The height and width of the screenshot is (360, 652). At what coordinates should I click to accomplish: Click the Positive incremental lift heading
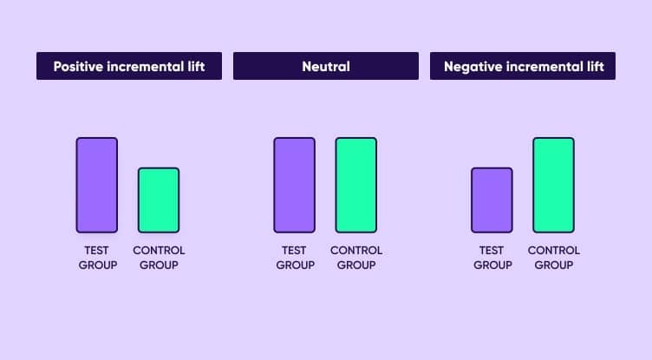pyautogui.click(x=129, y=66)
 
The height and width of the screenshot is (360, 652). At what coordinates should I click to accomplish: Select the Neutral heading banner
pyautogui.click(x=326, y=66)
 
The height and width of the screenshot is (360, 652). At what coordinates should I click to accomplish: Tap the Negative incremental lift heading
pyautogui.click(x=523, y=66)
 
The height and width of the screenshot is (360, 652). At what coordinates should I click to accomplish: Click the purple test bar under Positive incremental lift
pyautogui.click(x=96, y=185)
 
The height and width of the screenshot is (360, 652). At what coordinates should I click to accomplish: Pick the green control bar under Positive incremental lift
pyautogui.click(x=159, y=200)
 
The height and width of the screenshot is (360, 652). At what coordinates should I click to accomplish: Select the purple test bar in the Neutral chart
pyautogui.click(x=294, y=185)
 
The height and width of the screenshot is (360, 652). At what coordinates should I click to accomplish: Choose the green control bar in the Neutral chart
pyautogui.click(x=356, y=185)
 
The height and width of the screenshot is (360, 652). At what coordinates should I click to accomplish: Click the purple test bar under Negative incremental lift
pyautogui.click(x=492, y=200)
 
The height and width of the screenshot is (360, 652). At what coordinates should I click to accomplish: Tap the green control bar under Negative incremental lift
pyautogui.click(x=553, y=185)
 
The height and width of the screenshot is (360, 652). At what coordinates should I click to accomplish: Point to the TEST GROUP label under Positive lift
pyautogui.click(x=97, y=258)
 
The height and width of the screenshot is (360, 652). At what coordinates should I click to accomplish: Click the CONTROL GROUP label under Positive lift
pyautogui.click(x=159, y=258)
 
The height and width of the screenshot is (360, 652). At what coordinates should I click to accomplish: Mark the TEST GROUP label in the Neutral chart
pyautogui.click(x=295, y=258)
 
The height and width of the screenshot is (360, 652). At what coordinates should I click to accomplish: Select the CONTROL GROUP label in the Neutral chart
pyautogui.click(x=356, y=258)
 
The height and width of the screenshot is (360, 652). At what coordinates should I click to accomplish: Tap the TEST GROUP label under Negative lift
pyautogui.click(x=492, y=258)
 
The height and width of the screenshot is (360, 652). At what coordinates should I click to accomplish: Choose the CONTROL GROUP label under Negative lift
pyautogui.click(x=554, y=258)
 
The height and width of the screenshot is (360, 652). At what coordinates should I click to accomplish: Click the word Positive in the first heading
pyautogui.click(x=81, y=66)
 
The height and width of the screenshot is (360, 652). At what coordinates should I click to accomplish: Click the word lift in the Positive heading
pyautogui.click(x=196, y=66)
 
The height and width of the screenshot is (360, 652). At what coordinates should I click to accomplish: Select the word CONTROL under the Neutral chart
pyautogui.click(x=356, y=251)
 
